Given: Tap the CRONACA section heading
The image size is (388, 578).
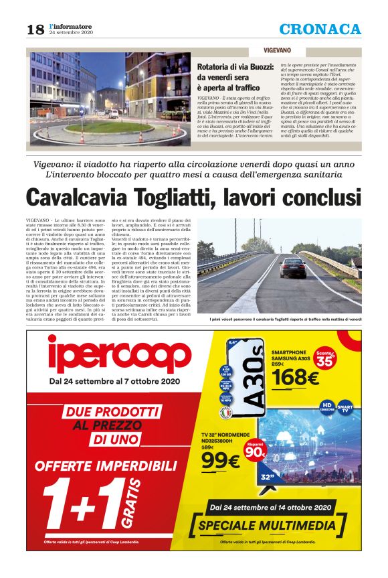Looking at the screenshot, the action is coord(320,29).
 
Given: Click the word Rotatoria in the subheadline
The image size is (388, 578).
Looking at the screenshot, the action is coord(215,67).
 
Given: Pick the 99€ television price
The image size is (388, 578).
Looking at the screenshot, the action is coord(220,461).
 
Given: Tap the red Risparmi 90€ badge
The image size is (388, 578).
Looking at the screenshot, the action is coord(255,451).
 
